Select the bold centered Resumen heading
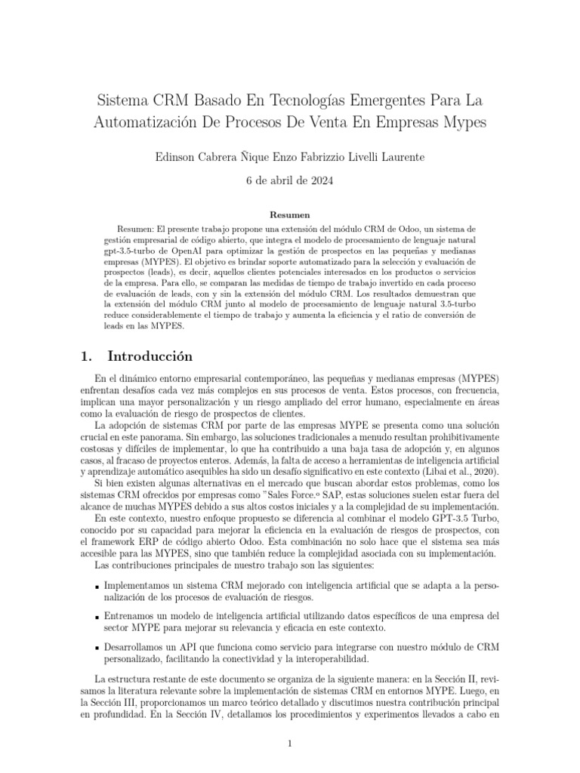click(x=290, y=215)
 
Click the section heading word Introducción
click(x=150, y=356)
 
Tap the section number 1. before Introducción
click(x=86, y=356)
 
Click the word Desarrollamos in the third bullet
click(x=140, y=647)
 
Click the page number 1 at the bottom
click(x=290, y=744)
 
